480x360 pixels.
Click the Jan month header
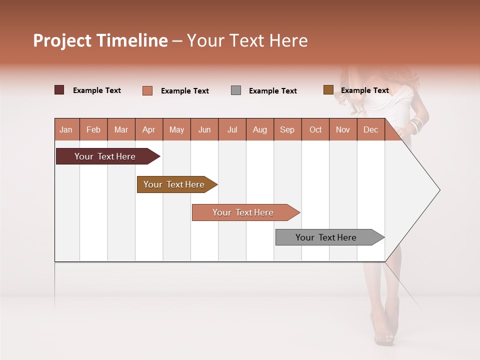pos(66,129)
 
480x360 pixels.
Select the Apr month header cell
pos(149,129)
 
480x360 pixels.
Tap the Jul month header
pos(232,129)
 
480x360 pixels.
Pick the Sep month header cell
pos(287,129)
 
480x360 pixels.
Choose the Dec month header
pos(370,129)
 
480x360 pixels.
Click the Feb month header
pos(93,129)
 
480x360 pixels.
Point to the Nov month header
pos(343,129)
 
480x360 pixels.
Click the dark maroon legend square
pos(59,90)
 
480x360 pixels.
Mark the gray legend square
pos(236,90)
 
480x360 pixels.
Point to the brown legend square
pos(328,90)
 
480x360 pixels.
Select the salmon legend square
pos(147,90)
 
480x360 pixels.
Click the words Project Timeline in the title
pos(100,40)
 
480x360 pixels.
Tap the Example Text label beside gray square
pos(273,91)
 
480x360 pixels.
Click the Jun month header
pos(204,129)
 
